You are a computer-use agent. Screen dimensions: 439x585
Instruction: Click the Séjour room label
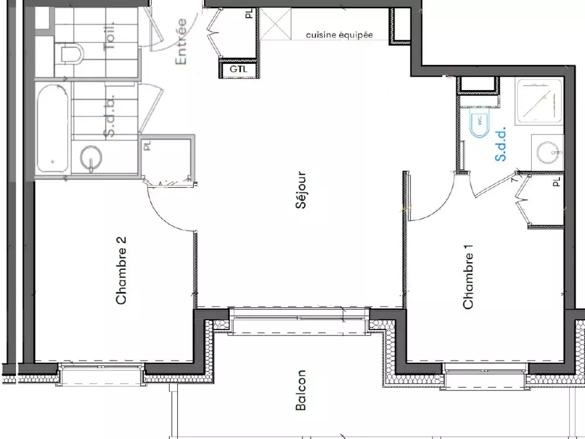[301, 190]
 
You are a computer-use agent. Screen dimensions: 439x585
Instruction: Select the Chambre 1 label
[468, 277]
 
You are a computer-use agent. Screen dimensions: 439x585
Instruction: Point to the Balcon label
[301, 390]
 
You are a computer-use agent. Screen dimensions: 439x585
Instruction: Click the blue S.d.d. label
[501, 146]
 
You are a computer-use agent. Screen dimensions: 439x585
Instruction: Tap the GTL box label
[238, 69]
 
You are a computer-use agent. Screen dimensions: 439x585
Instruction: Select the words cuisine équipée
[339, 35]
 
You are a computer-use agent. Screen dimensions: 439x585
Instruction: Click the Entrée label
[181, 42]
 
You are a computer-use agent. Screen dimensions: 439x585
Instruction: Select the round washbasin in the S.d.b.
[91, 157]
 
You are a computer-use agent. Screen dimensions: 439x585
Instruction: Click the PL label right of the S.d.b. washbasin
[147, 145]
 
